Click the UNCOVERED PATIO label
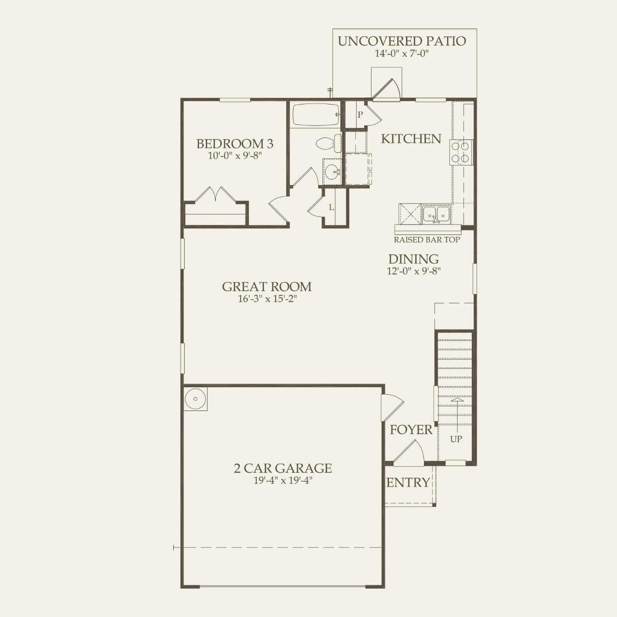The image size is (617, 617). pos(402,41)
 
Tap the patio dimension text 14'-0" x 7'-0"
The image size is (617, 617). pos(402,54)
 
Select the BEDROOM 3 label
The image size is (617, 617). pos(234,144)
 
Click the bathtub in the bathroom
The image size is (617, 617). pos(315,115)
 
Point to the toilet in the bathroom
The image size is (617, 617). pos(328,144)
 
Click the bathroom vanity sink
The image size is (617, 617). pos(332,172)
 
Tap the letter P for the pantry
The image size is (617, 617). pos(360,115)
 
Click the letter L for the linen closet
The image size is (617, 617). pos(331,207)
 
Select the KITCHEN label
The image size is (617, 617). pos(411,139)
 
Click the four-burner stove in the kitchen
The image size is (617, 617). pos(461,153)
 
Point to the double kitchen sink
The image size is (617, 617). pos(436,214)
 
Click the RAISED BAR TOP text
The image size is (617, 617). pos(427,240)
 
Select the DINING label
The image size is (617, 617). pos(413,259)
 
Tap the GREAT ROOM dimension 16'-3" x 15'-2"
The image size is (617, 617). pos(267,299)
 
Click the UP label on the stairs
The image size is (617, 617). pos(456,439)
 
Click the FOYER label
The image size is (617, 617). pos(411,430)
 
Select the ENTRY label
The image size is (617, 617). pos(408,483)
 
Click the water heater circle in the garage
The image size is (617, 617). pos(195,399)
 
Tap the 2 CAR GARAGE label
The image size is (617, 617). pos(283,468)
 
